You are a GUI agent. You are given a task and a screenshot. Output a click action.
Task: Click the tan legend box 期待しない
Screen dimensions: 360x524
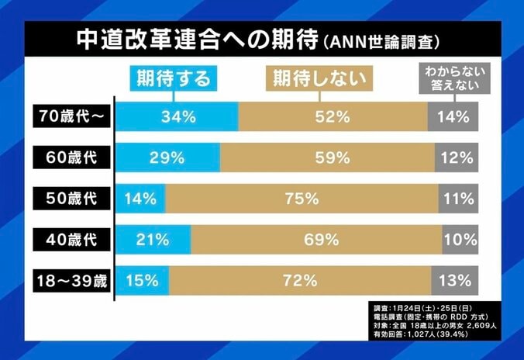coord(319,78)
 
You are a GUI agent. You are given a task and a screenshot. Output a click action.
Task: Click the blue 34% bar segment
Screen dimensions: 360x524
coord(178,117)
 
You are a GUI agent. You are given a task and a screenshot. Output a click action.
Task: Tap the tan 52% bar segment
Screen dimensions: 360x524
coord(333,117)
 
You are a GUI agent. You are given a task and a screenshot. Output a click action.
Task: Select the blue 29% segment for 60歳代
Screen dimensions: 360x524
coord(168,157)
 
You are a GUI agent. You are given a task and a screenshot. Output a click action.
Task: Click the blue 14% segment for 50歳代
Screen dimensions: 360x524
coord(140,198)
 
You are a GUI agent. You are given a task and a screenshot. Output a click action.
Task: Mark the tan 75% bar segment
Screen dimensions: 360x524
coord(302,198)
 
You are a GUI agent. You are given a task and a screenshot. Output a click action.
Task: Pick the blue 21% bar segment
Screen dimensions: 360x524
coord(153,239)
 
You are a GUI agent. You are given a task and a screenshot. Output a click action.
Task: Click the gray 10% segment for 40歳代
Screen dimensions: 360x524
coord(460,239)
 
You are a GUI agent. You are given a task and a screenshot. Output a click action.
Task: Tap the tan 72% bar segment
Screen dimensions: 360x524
coord(300,279)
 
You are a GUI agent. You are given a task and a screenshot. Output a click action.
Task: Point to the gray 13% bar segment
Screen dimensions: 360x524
coord(454,279)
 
